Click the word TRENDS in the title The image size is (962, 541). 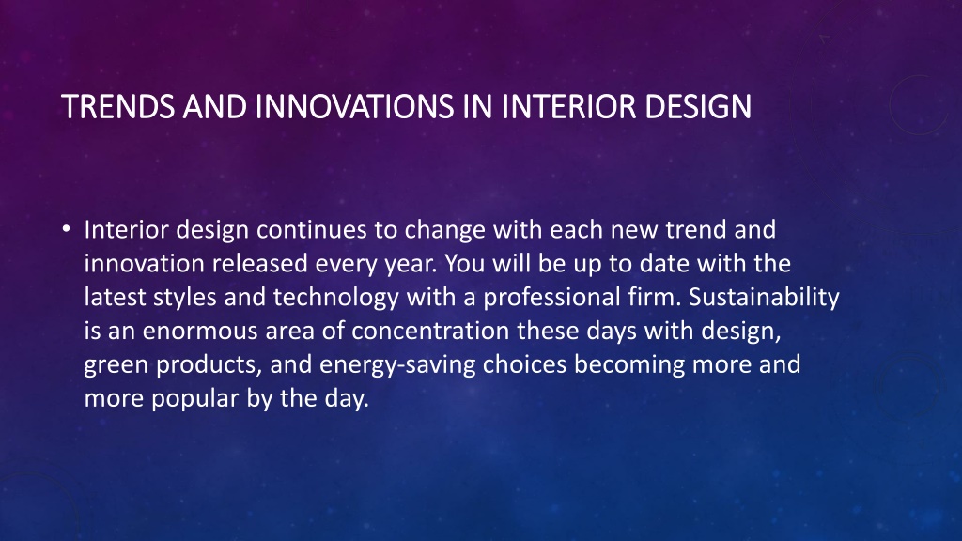[117, 107]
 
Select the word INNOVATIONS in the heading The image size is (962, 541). [354, 107]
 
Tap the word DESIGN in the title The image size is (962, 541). [698, 107]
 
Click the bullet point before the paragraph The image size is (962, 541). [67, 229]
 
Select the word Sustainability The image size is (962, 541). [764, 297]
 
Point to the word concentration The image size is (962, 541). [430, 332]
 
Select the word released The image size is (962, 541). [259, 264]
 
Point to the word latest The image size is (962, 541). [115, 298]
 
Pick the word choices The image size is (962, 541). [524, 364]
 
